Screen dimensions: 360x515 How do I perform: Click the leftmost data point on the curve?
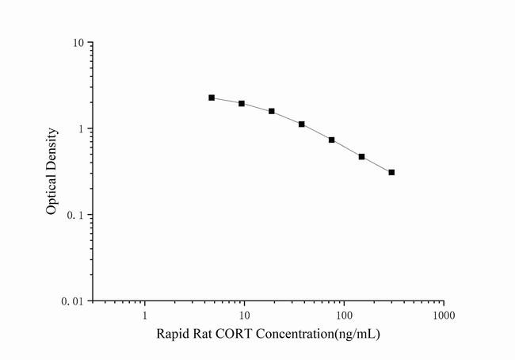[x=212, y=98]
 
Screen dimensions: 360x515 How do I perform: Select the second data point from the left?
[x=242, y=104]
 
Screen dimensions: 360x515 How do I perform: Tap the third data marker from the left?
[x=272, y=111]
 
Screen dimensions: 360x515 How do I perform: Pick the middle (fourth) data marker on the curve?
[x=302, y=124]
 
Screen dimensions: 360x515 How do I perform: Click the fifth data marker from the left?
[x=332, y=140]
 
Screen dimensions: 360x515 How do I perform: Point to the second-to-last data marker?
[x=361, y=157]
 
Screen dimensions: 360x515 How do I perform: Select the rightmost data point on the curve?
[x=391, y=172]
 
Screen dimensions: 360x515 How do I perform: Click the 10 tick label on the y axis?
[x=79, y=43]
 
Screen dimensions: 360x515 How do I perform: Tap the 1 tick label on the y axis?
[x=82, y=129]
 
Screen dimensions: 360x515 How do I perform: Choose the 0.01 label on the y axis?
[x=74, y=302]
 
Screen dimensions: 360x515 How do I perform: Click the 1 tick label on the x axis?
[x=145, y=315]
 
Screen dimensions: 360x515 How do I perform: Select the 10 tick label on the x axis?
[x=244, y=315]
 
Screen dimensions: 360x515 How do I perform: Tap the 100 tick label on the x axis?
[x=344, y=315]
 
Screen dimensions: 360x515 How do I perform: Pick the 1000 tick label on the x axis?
[x=443, y=315]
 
